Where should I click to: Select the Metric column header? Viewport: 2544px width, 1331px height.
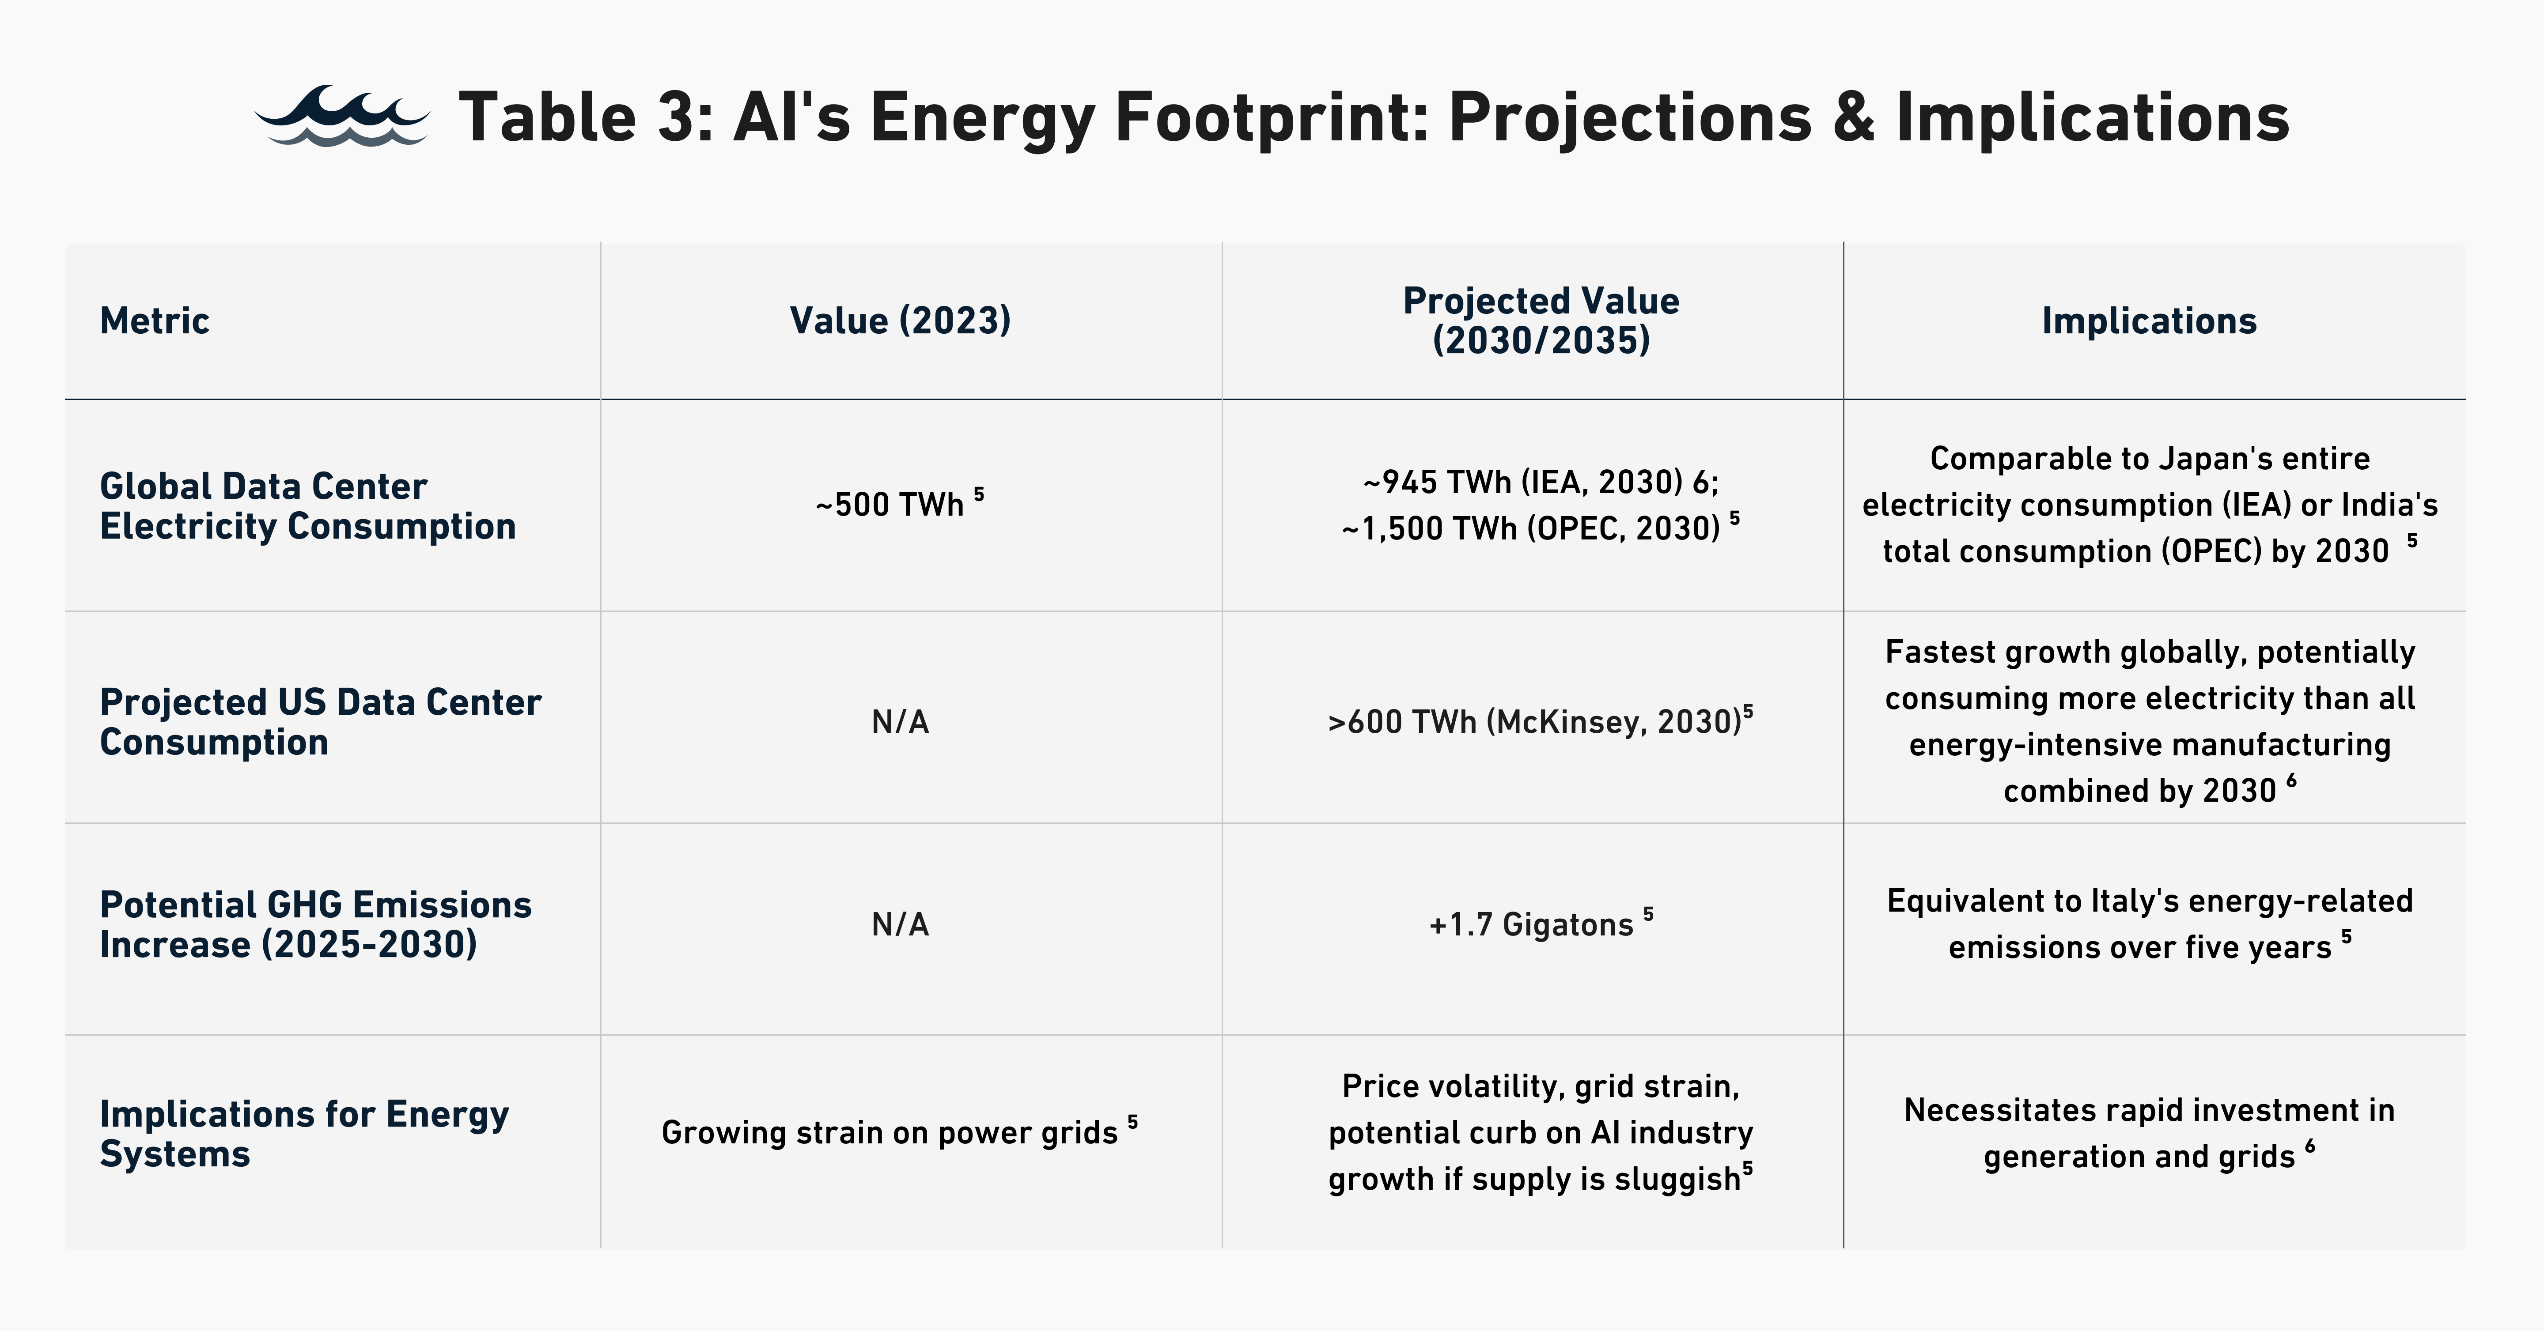[x=155, y=321]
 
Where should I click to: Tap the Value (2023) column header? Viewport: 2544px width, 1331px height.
[x=900, y=321]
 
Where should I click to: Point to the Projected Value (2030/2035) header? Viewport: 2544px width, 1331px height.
[x=1541, y=321]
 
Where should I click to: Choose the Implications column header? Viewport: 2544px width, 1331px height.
[x=2149, y=321]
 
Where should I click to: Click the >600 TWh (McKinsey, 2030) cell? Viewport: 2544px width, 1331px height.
[x=1539, y=722]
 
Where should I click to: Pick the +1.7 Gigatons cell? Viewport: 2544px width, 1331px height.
[x=1539, y=924]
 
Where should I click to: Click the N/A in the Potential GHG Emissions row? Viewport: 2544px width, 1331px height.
[x=900, y=924]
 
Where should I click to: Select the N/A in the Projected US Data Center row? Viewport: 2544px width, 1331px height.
[x=900, y=722]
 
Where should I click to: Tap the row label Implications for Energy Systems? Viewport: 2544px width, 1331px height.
[x=304, y=1134]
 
